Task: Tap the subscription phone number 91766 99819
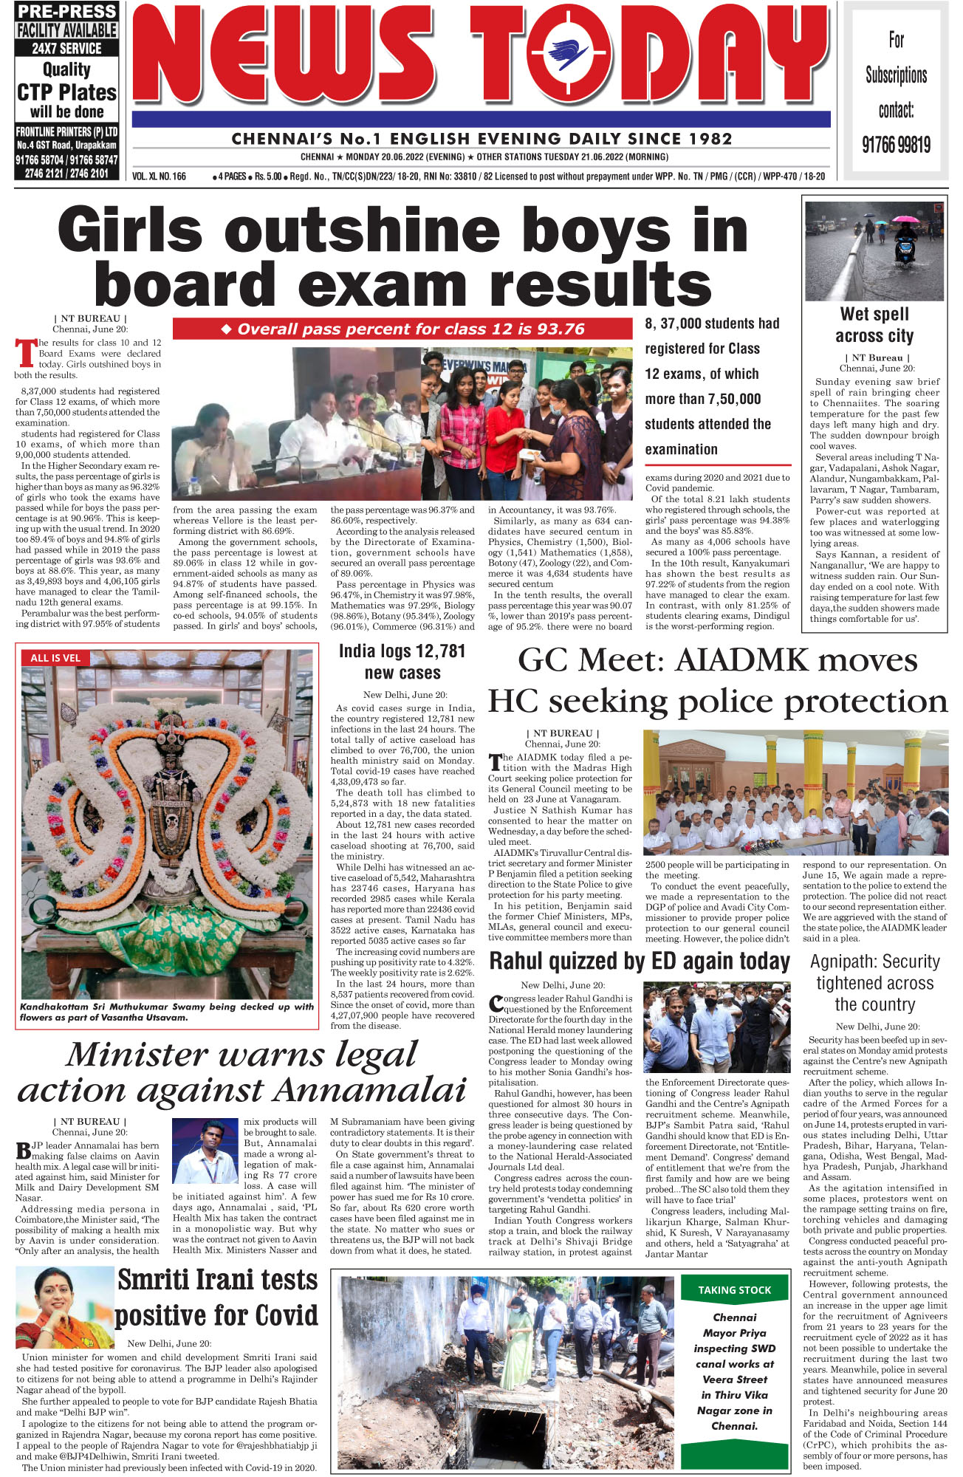pos(896,144)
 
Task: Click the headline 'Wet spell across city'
pos(874,325)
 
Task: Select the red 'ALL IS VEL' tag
pos(55,657)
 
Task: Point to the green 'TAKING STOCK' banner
pos(734,1289)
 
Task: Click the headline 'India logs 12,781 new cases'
pos(402,662)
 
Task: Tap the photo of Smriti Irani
pos(65,1306)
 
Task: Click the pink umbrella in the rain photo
pos(905,219)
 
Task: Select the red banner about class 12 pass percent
pos(402,329)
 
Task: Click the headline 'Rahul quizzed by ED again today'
pos(640,961)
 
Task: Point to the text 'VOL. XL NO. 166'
pos(159,177)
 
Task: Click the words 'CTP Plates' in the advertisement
pos(66,92)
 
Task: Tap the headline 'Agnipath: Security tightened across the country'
pos(874,983)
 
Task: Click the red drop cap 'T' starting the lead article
pos(25,353)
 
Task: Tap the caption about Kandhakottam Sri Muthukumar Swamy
pos(167,1011)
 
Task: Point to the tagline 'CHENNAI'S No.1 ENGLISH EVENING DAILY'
pos(481,139)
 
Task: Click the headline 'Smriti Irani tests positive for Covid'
pos(216,1298)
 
